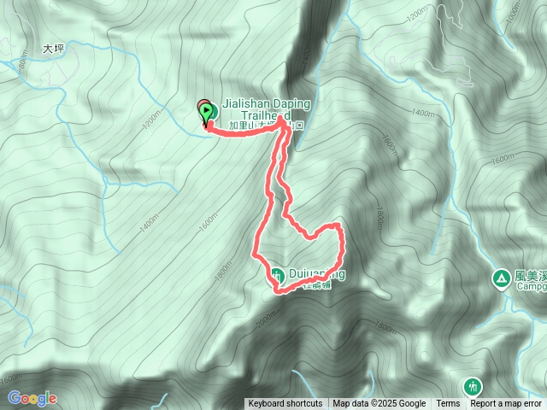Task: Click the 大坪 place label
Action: [x=53, y=50]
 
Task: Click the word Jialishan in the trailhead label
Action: [x=244, y=103]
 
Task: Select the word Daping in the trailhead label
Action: [x=289, y=103]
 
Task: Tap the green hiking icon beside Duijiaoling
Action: [x=278, y=275]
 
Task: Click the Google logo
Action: [x=32, y=398]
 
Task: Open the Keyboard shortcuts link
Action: [x=285, y=404]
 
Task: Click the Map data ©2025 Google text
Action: [x=379, y=404]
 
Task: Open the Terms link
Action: [x=448, y=404]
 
